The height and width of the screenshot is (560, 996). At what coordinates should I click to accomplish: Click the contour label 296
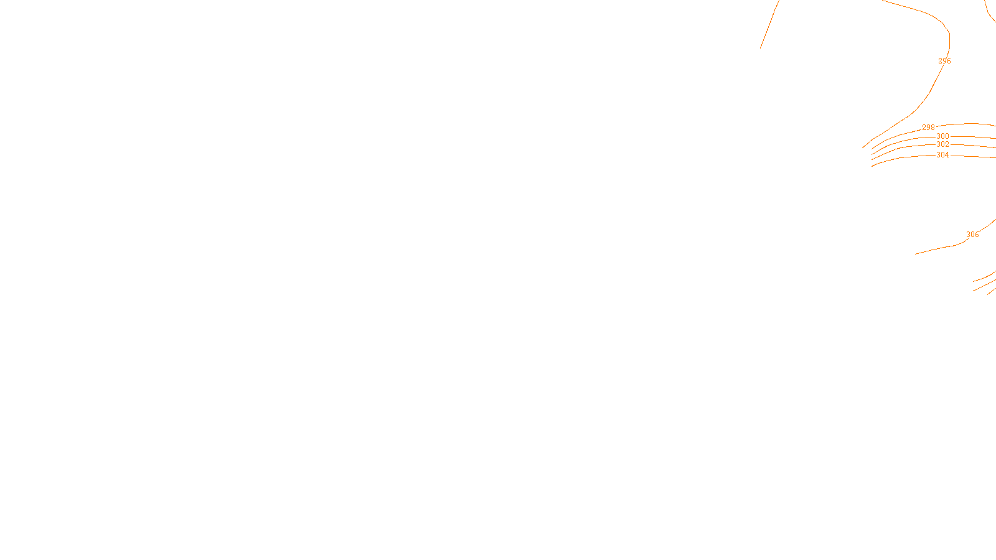coord(944,61)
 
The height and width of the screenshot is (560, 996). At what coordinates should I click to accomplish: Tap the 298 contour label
coord(928,128)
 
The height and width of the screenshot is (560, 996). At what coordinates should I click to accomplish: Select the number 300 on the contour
coord(942,136)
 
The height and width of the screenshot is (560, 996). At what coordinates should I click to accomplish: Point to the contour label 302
coord(942,144)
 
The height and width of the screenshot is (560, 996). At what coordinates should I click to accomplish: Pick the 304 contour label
coord(942,155)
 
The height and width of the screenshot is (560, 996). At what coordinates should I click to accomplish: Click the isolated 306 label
coord(972,235)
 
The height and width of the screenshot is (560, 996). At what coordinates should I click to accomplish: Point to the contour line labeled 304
coord(903,157)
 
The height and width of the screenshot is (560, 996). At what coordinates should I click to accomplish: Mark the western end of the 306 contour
coord(916,254)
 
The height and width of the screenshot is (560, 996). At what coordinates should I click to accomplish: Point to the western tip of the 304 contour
coord(872,166)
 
